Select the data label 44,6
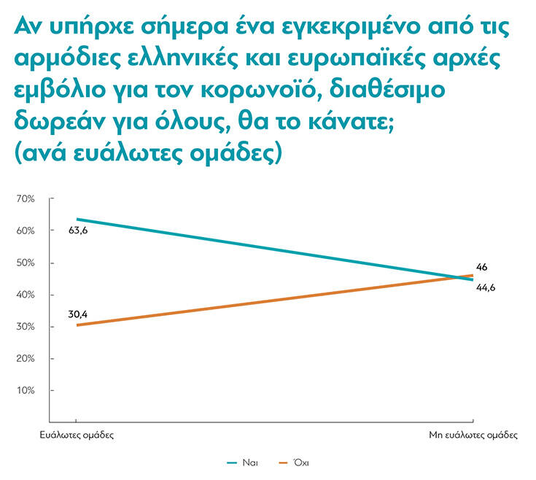click(x=486, y=288)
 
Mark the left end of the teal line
click(x=77, y=219)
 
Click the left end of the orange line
click(x=77, y=325)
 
